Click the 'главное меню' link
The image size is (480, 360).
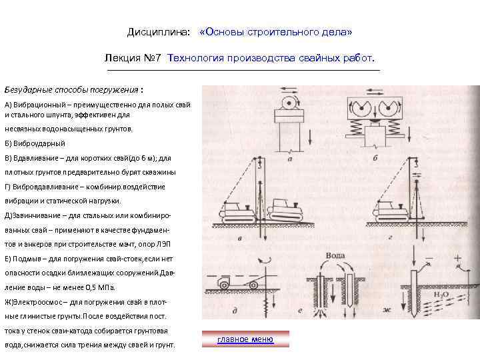point(245,339)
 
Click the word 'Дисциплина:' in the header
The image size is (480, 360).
point(158,32)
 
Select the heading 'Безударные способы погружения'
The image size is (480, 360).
point(72,89)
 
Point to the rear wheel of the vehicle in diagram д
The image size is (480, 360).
point(221,287)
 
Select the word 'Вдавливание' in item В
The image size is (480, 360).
point(33,158)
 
